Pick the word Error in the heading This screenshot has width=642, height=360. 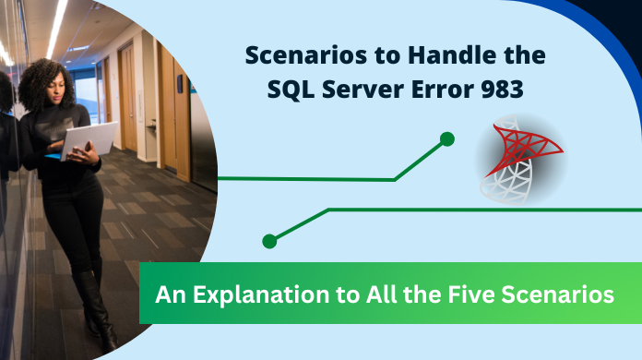click(x=456, y=90)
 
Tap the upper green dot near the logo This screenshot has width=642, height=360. click(x=447, y=139)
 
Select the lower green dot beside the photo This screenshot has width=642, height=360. click(x=269, y=241)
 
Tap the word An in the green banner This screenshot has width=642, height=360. click(x=168, y=295)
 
